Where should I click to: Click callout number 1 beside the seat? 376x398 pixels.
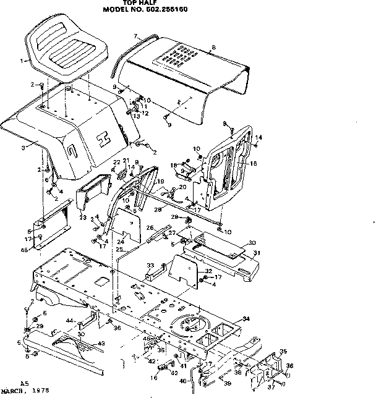(x=22, y=61)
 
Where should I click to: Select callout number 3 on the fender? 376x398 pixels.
(x=23, y=148)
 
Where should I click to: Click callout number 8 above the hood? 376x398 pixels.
(x=214, y=47)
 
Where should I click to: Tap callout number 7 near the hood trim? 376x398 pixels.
(x=135, y=37)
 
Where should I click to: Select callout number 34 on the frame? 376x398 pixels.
(x=246, y=318)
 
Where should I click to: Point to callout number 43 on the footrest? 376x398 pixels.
(x=101, y=344)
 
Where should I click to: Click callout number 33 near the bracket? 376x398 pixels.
(x=150, y=266)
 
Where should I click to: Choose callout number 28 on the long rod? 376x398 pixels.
(x=158, y=210)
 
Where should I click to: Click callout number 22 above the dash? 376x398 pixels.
(x=116, y=162)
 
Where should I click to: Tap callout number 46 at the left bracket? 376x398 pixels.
(x=25, y=250)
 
